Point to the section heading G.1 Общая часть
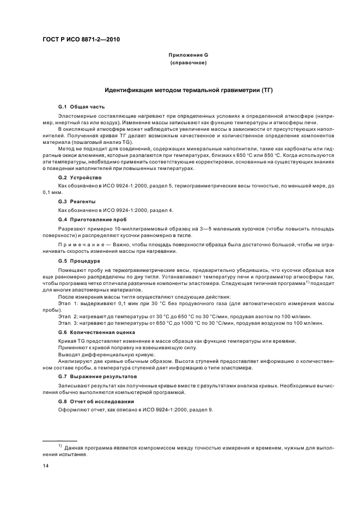pos(81,107)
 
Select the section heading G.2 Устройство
pos(80,178)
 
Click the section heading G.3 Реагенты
pos(77,202)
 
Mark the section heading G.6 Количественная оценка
pos(93,332)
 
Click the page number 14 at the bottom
pos(46,466)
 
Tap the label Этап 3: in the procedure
pos(69,324)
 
